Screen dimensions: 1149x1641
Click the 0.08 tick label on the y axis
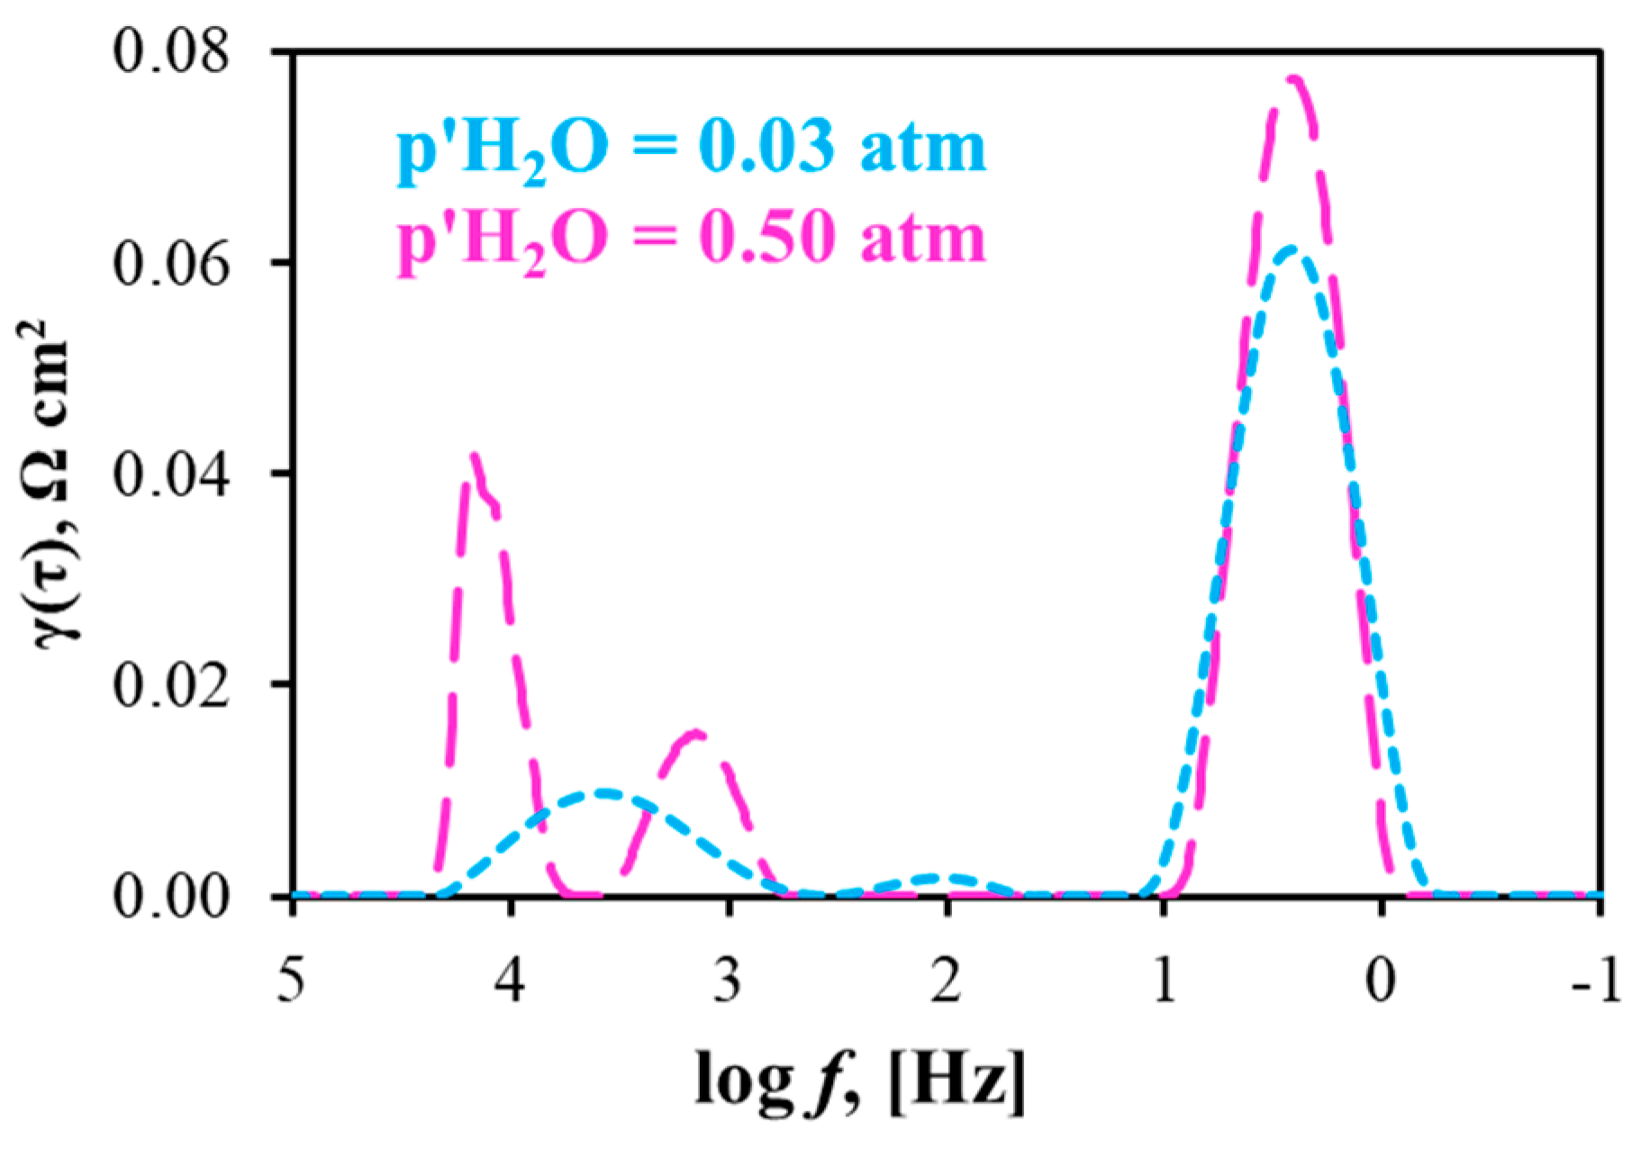[x=170, y=52]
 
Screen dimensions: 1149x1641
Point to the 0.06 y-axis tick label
[x=170, y=263]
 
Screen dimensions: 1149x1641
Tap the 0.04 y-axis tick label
[x=170, y=474]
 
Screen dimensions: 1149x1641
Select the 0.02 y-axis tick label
[x=170, y=684]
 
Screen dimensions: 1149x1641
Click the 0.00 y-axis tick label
[x=170, y=897]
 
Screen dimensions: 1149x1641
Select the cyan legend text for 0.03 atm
[x=692, y=149]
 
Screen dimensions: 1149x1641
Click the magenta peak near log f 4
[x=474, y=456]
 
